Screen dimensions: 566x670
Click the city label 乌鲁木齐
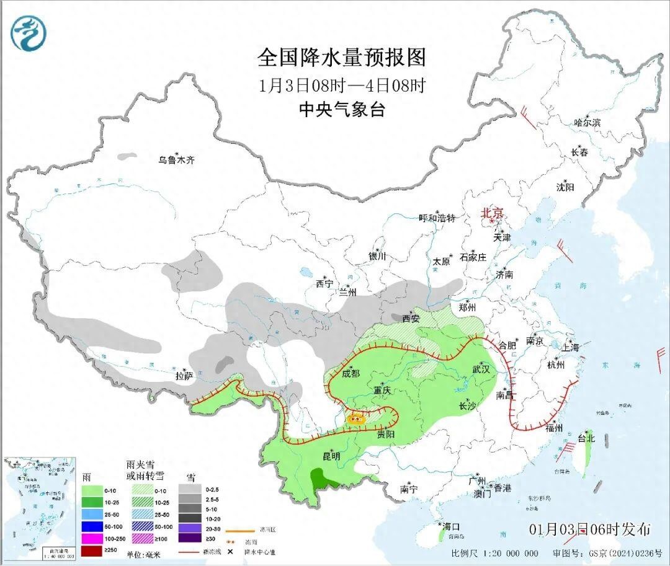point(176,160)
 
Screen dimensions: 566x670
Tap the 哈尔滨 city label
point(587,123)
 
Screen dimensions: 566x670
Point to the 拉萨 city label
point(184,376)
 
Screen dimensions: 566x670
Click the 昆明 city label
point(331,456)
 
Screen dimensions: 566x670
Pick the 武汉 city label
point(481,369)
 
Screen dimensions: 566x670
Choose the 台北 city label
point(586,438)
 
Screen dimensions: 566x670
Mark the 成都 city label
point(351,373)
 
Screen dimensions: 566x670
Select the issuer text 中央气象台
point(342,110)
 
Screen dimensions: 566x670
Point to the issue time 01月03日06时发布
point(590,529)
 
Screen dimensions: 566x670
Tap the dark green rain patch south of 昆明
point(321,477)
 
